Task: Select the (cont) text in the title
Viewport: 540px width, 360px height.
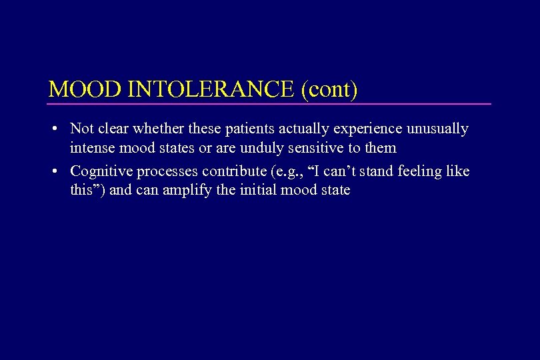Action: (329, 89)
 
